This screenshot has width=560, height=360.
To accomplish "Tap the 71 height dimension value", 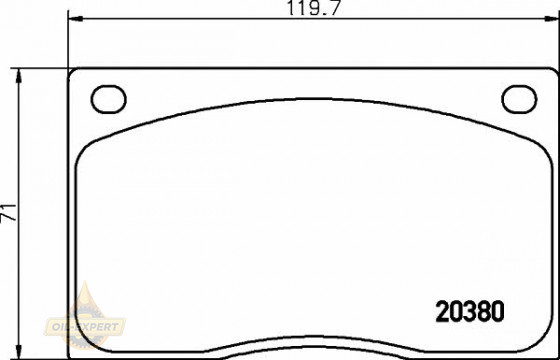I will (x=8, y=214).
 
